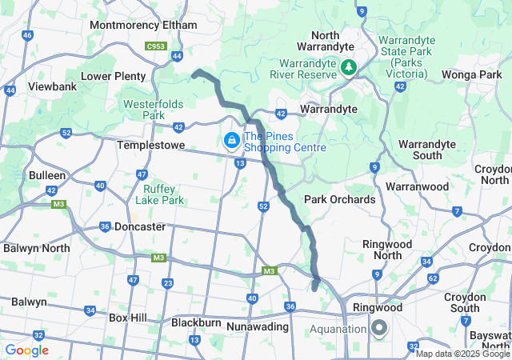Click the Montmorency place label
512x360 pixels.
point(125,25)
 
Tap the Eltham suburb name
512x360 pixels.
point(179,25)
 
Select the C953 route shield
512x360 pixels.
point(156,47)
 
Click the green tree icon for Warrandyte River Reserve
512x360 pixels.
point(348,66)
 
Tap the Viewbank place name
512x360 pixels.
point(52,86)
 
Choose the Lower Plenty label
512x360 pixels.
point(114,76)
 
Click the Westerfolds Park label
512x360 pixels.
point(153,110)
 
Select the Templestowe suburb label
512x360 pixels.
point(151,146)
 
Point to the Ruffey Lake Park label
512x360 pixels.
point(159,194)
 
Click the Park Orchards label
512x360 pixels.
point(339,198)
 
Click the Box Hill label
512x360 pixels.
point(127,318)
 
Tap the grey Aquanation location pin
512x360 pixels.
point(378,328)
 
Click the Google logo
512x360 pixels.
point(26,350)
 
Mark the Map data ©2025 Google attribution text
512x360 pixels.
point(462,354)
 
